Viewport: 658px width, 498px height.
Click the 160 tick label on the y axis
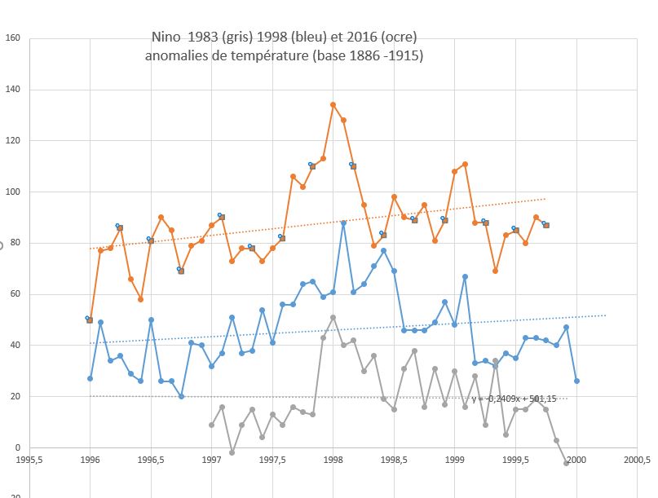12,38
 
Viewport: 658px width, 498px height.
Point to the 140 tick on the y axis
12,90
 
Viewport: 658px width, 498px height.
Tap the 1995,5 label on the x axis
29,460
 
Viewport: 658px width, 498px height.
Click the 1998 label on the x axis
333,460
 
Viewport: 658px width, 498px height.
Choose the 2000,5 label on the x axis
637,460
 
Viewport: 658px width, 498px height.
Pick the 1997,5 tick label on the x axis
272,460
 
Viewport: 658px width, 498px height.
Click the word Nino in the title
168,37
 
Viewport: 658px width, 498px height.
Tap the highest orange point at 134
333,104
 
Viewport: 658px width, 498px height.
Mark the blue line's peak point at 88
343,223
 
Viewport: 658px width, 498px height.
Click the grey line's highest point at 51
333,317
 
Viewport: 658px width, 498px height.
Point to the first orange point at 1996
90,320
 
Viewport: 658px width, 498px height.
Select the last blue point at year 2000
576,381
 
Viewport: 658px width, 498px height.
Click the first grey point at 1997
211,425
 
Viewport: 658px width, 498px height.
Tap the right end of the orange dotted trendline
545,199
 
